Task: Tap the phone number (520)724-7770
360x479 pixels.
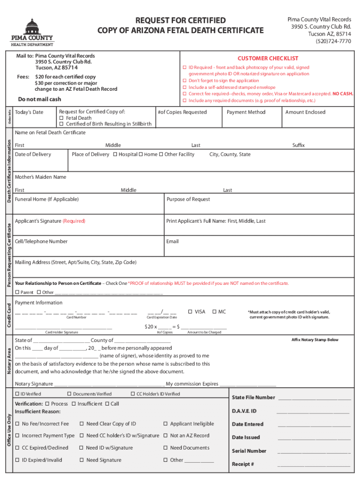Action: point(332,41)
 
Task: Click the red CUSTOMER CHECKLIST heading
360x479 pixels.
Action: point(267,58)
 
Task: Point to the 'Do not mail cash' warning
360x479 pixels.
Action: point(39,99)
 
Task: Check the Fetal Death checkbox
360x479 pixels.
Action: point(61,118)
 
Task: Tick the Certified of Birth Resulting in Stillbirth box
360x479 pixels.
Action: point(61,124)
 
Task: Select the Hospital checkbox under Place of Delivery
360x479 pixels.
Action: point(115,154)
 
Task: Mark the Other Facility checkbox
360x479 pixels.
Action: point(161,154)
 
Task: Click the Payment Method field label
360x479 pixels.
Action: point(245,112)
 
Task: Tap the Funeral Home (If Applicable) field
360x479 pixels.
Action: point(47,199)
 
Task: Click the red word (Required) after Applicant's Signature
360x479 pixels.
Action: point(74,221)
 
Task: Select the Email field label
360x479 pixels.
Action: point(173,241)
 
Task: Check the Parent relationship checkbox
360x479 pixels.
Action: point(17,292)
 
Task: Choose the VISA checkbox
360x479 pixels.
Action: point(190,312)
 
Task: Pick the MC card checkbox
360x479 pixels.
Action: point(214,312)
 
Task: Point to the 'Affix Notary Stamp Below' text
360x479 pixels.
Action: point(315,340)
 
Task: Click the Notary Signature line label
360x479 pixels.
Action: point(34,384)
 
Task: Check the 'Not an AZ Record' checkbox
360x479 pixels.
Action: point(166,435)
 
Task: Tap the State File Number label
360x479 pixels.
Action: point(253,398)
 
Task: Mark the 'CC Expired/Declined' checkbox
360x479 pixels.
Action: point(17,448)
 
